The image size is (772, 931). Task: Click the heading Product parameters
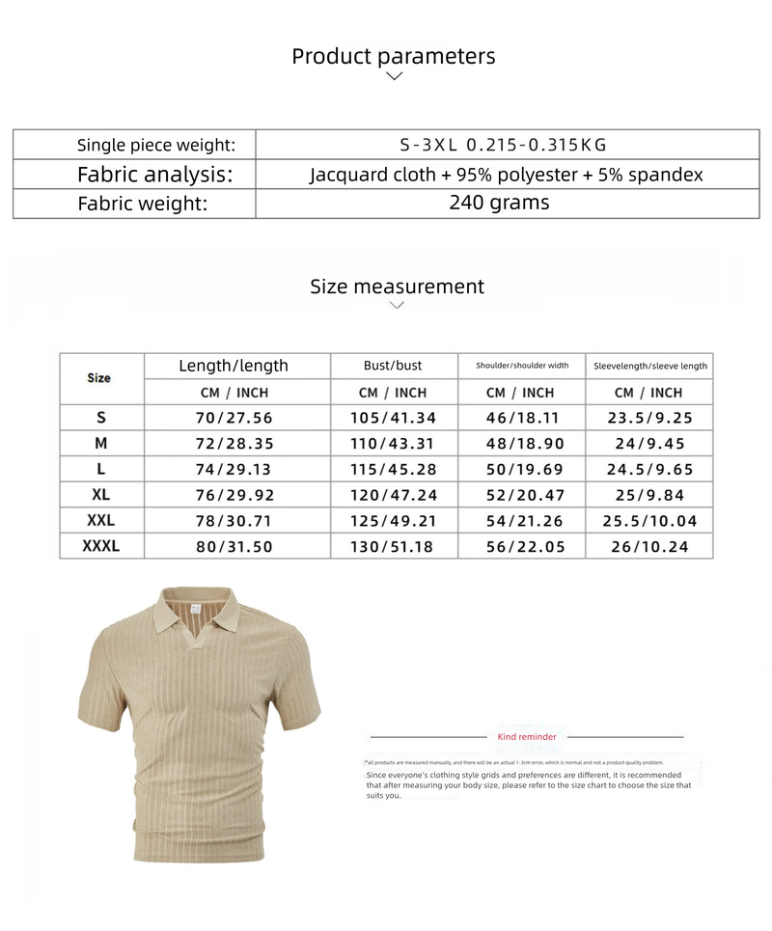click(x=394, y=56)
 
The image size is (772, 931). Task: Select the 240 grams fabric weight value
click(x=499, y=203)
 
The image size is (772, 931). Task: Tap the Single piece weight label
click(x=156, y=145)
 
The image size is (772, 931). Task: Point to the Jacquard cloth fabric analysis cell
click(x=506, y=175)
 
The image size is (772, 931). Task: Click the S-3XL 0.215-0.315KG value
click(x=503, y=145)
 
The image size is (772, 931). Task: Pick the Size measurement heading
click(x=397, y=287)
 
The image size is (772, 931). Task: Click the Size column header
click(x=99, y=378)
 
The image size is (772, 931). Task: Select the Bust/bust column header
click(x=393, y=366)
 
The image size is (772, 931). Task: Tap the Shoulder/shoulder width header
click(x=522, y=366)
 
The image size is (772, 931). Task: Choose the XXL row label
click(x=100, y=520)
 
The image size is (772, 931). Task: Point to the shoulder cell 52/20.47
click(x=522, y=495)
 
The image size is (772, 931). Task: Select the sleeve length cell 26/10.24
click(x=650, y=546)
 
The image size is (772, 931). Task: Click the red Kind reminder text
click(x=527, y=737)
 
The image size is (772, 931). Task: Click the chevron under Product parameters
click(x=394, y=76)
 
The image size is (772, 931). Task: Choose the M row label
click(x=100, y=444)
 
